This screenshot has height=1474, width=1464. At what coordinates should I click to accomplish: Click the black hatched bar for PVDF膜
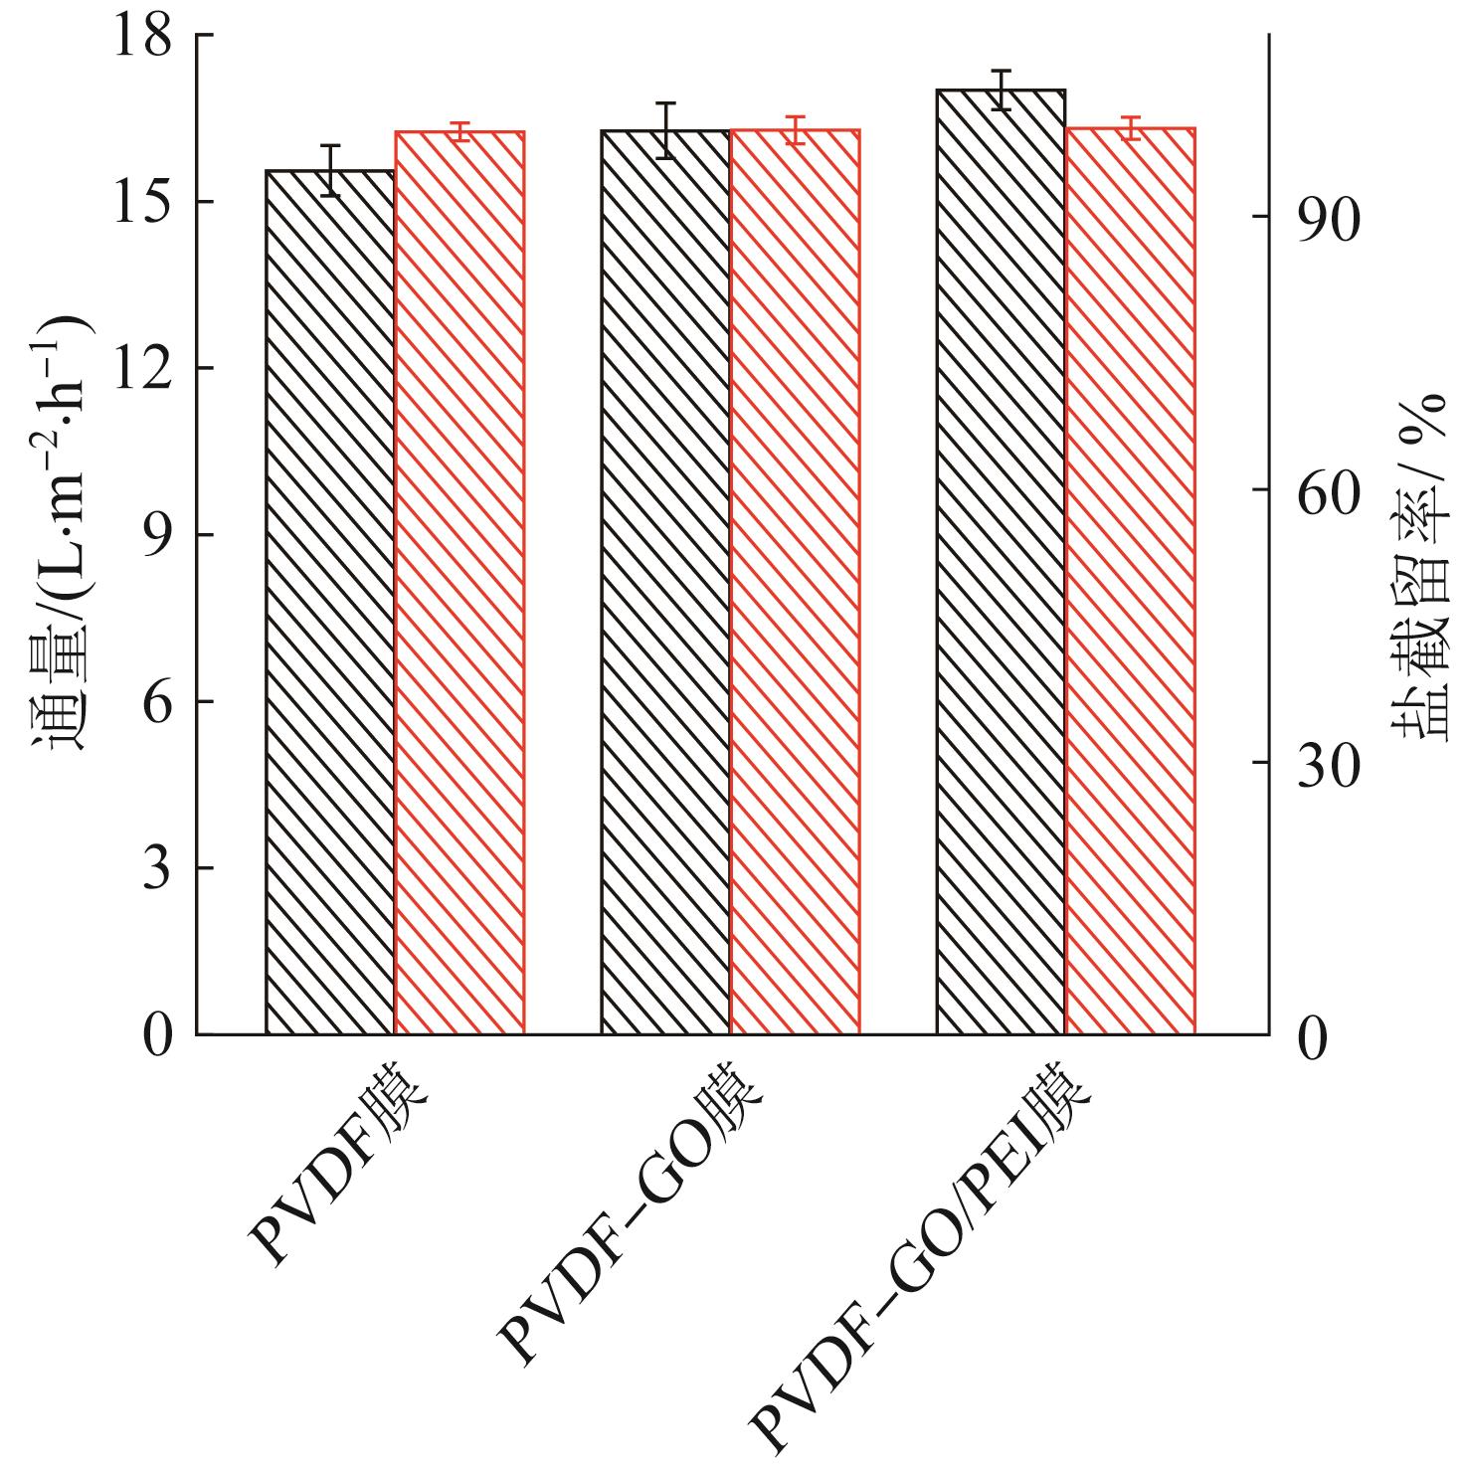[x=330, y=602]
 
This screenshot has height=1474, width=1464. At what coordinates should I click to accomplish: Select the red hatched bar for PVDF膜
[x=459, y=582]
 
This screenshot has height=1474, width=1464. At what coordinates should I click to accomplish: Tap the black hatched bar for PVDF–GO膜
[x=665, y=582]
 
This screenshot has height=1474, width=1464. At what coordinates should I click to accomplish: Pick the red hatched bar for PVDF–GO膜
[x=795, y=582]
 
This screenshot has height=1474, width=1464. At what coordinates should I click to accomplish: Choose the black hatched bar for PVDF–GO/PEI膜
[x=1001, y=562]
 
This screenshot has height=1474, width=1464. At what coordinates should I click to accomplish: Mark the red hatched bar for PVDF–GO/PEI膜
[x=1130, y=582]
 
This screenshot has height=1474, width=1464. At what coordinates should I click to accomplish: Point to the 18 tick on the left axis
[x=143, y=37]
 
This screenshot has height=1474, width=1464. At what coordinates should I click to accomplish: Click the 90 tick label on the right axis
[x=1328, y=220]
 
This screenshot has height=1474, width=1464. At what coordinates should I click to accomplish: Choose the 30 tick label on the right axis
[x=1328, y=764]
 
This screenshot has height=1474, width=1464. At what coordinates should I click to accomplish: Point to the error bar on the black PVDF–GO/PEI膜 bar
[x=1001, y=90]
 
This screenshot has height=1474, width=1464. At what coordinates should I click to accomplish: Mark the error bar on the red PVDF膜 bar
[x=459, y=131]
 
